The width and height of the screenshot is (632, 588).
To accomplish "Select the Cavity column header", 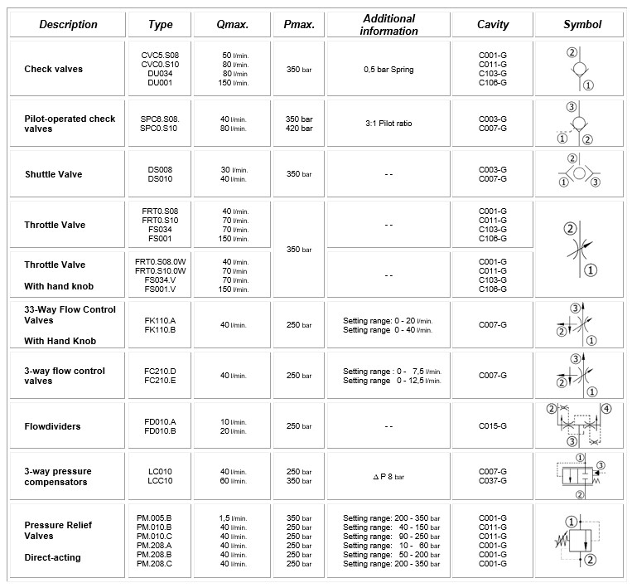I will tap(492, 25).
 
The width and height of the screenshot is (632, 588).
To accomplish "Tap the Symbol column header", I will tap(581, 25).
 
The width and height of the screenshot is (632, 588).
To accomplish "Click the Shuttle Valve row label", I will tap(54, 174).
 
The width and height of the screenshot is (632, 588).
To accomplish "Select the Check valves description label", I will tap(55, 68).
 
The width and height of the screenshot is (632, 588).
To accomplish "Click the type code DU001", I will tap(159, 83).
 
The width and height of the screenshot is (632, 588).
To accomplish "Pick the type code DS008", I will tap(159, 169).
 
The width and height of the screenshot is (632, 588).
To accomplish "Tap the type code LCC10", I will tap(159, 481).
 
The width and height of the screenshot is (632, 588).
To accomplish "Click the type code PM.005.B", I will tap(154, 518).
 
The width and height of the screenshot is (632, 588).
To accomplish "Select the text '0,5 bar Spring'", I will tap(388, 69).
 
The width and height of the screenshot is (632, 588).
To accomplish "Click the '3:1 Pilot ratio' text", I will tap(388, 124).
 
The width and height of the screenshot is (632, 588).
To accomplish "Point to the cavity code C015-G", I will tap(492, 426).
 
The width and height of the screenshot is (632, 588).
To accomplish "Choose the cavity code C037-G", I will tap(492, 481).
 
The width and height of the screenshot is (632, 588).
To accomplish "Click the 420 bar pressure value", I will tap(298, 129).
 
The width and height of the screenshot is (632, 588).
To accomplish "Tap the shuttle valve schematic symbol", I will tap(582, 173).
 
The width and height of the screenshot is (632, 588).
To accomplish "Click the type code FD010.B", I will tap(160, 431).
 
